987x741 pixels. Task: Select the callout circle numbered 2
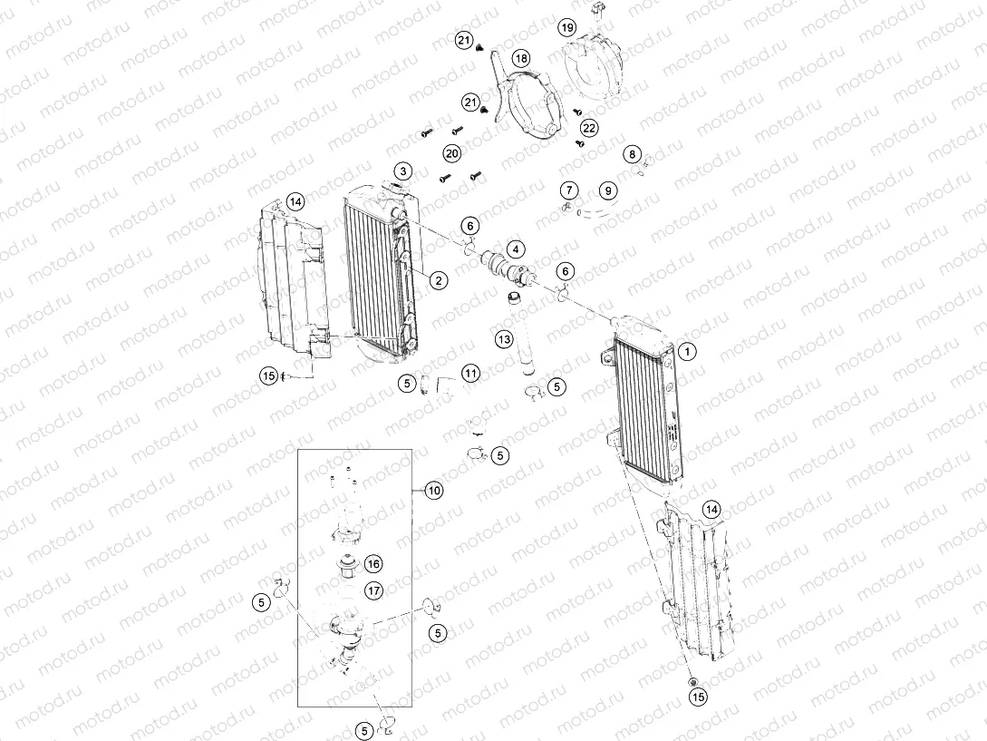pos(438,280)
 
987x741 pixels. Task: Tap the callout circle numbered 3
pos(402,171)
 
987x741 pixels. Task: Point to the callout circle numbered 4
pos(514,248)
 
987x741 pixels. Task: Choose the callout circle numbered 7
pos(568,190)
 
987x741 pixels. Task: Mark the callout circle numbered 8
pos(633,154)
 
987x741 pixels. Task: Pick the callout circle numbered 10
pos(435,491)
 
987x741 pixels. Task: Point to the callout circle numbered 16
pos(373,563)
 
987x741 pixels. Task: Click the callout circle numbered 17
pos(373,590)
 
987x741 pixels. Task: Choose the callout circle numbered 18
pos(521,59)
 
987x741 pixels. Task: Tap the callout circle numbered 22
pos(589,128)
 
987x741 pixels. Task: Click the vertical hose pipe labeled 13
pos(525,345)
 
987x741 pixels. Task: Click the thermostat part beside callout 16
pos(346,564)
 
